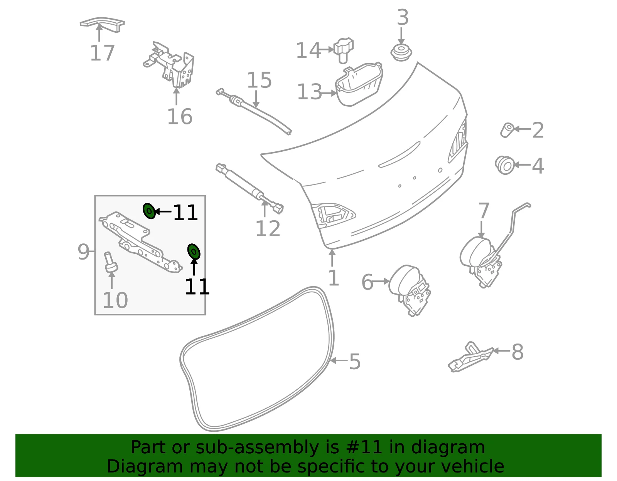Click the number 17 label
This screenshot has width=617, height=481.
[102, 53]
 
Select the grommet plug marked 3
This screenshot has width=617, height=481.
[401, 52]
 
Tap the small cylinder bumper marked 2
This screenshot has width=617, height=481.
[507, 130]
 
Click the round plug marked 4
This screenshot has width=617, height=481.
[504, 165]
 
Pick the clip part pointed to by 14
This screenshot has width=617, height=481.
[344, 50]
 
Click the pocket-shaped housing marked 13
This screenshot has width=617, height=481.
[359, 84]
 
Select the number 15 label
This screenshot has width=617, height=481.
[259, 80]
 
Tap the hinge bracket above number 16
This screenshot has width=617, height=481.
[170, 65]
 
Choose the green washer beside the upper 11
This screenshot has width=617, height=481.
[149, 211]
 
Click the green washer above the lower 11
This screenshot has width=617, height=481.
[194, 251]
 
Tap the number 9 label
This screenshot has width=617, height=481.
[83, 252]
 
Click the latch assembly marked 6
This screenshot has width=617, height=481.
[410, 290]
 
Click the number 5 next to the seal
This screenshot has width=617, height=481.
[355, 362]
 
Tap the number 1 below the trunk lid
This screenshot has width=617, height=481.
[334, 278]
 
